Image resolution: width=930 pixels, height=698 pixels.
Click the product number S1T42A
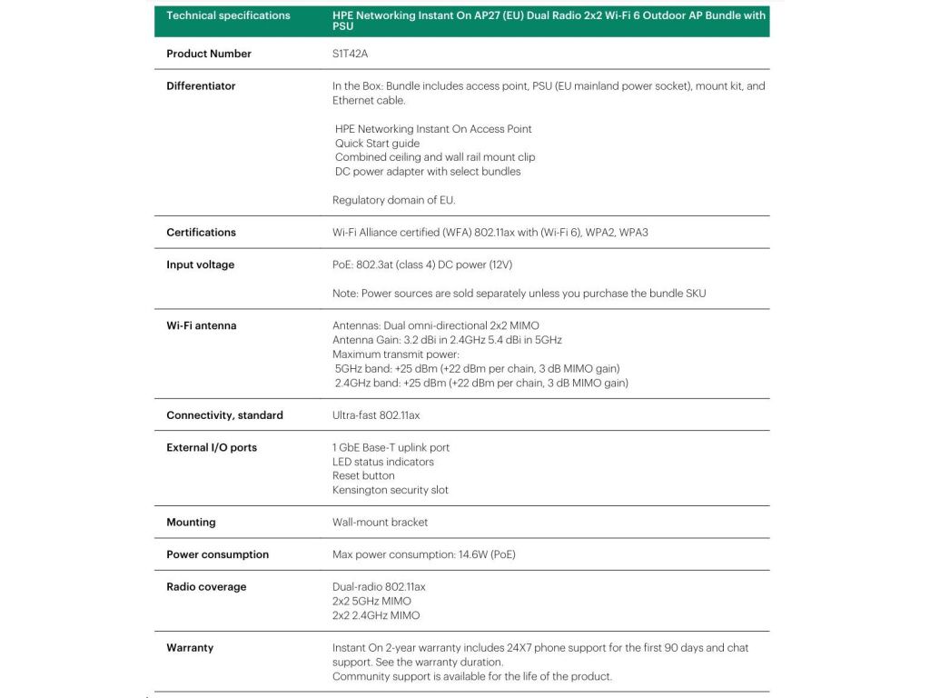[350, 54]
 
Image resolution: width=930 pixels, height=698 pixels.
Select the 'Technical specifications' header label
[228, 15]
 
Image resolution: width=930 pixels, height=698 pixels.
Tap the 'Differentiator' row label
[201, 86]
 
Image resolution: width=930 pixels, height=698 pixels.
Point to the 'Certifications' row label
[201, 233]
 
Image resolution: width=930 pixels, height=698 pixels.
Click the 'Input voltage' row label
[200, 265]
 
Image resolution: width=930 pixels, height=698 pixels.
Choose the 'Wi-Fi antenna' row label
[201, 325]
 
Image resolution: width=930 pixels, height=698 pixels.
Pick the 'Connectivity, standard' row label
[224, 415]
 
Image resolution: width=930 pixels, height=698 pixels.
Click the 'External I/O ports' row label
[212, 448]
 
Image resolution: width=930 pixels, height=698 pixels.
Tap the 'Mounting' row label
[191, 523]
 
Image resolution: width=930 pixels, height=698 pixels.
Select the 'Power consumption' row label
[217, 555]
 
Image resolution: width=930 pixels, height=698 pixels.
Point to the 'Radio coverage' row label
[206, 587]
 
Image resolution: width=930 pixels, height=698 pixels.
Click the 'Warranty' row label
[190, 648]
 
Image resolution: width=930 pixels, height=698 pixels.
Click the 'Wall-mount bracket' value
[380, 523]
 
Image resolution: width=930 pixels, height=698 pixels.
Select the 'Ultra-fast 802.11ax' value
[376, 415]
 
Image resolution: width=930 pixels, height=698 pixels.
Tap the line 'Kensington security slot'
[391, 490]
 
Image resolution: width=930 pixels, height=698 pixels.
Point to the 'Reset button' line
[363, 475]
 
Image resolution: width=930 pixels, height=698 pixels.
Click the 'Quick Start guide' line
[377, 143]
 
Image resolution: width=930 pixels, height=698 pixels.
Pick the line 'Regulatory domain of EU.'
[394, 200]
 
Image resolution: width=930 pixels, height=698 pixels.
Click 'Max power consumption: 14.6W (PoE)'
[424, 554]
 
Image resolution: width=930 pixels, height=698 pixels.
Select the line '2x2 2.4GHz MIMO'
[376, 615]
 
